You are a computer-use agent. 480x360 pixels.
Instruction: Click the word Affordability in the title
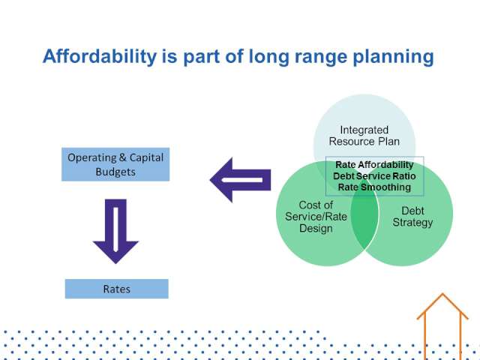click(x=100, y=56)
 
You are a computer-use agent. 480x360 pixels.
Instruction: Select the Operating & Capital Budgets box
click(x=115, y=164)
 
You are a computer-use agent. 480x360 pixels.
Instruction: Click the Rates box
click(x=117, y=289)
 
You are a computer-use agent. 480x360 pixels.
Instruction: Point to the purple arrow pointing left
click(x=240, y=180)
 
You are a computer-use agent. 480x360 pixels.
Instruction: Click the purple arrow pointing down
click(x=115, y=231)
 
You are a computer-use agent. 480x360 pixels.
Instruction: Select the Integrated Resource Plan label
click(x=364, y=136)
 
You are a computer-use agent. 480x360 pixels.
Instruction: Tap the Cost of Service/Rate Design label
click(x=316, y=217)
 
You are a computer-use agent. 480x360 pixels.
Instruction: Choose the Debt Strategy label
click(x=412, y=217)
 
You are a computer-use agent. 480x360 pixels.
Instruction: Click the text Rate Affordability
click(x=374, y=165)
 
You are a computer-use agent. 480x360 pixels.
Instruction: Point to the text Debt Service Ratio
click(x=374, y=176)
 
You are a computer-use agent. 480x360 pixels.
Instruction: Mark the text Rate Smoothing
click(x=374, y=187)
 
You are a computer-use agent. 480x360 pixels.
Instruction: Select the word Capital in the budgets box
click(x=146, y=157)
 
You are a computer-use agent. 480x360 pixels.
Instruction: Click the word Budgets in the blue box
click(x=115, y=172)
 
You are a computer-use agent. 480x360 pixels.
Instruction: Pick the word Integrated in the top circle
click(x=364, y=130)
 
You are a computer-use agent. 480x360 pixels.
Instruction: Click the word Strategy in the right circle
click(x=412, y=223)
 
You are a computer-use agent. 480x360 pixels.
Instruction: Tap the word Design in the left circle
click(x=316, y=228)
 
